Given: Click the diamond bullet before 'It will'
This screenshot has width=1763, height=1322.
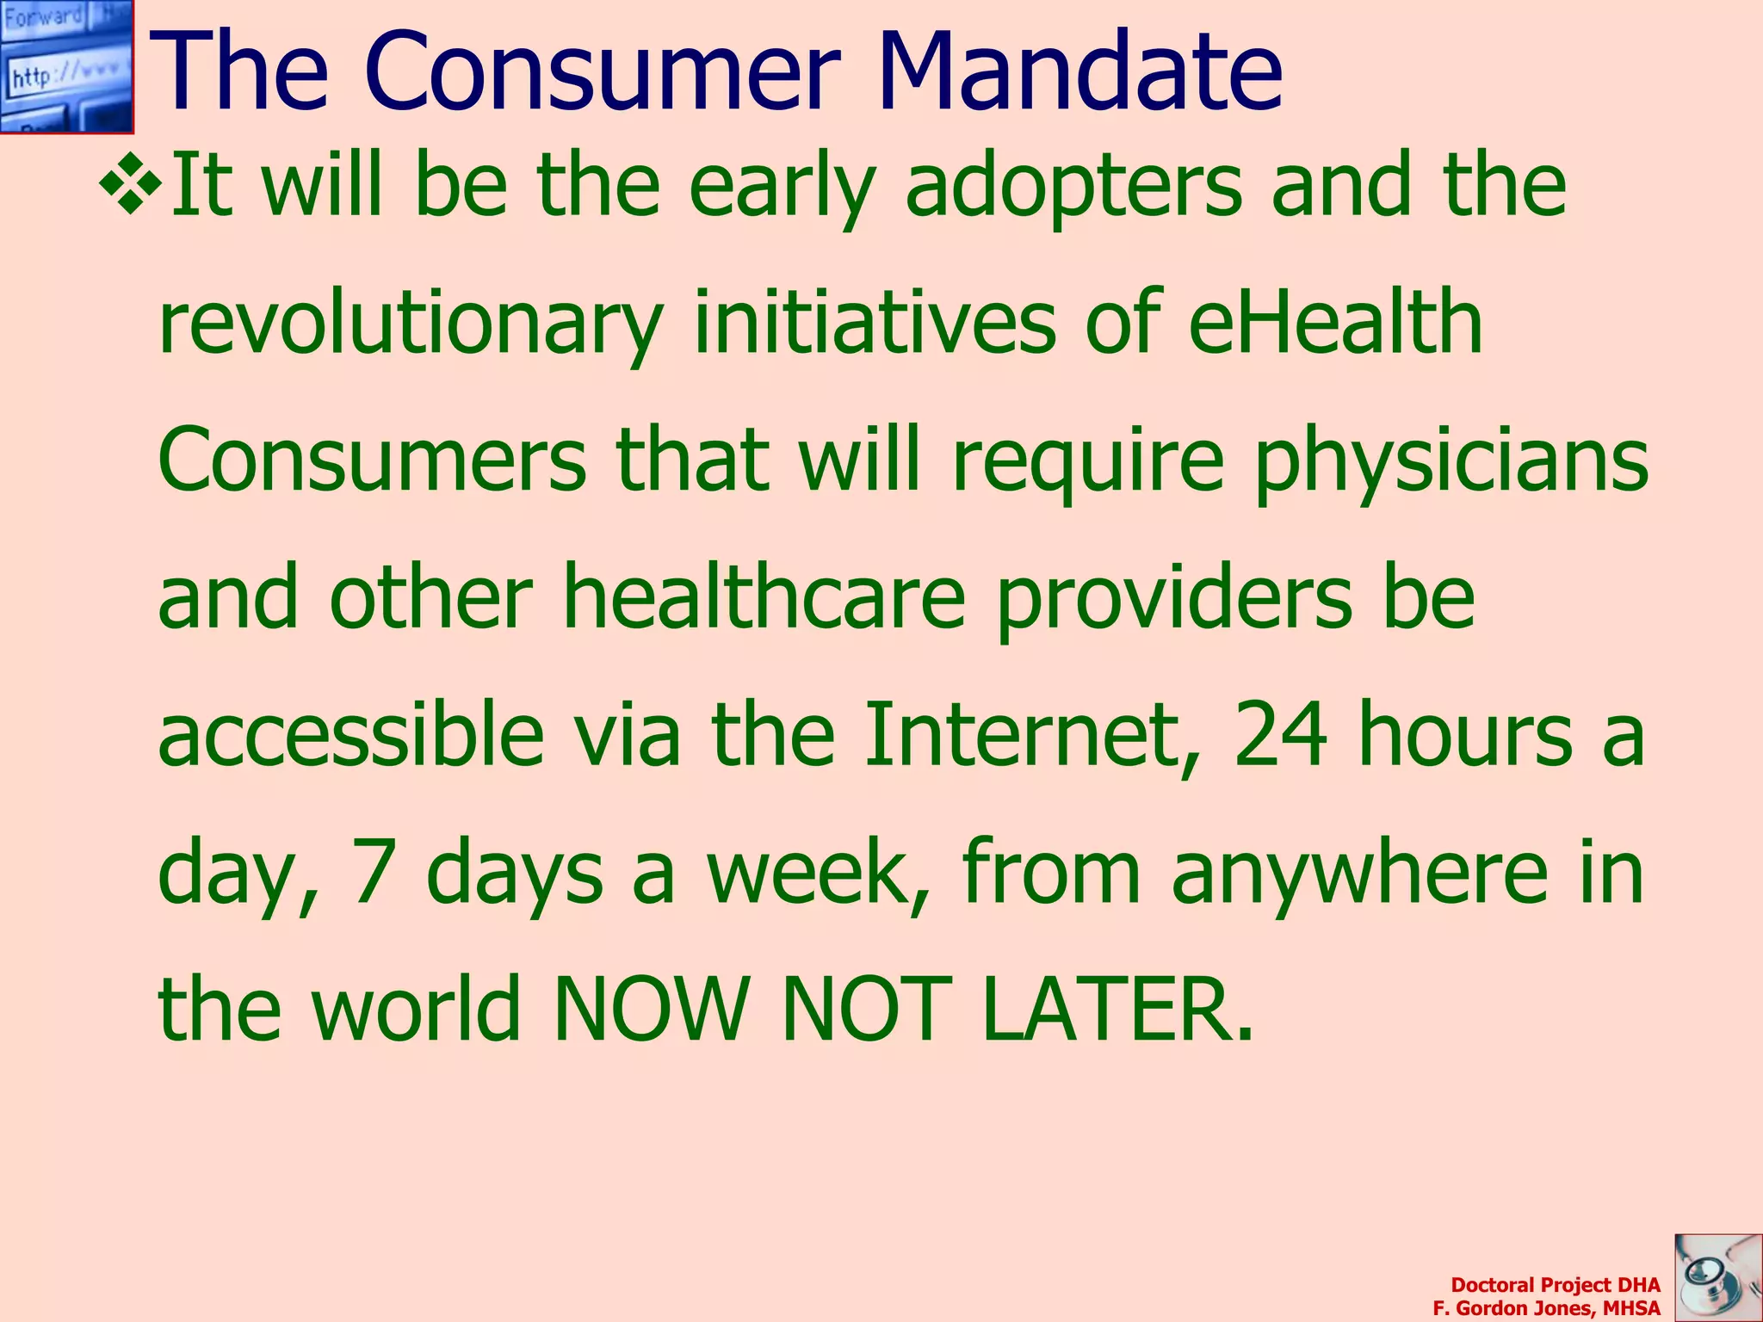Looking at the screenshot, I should click(x=131, y=183).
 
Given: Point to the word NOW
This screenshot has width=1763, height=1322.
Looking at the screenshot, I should click(x=650, y=1007).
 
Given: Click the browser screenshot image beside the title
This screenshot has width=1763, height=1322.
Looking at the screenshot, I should click(x=66, y=66).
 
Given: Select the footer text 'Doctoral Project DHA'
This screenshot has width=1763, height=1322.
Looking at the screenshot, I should click(x=1555, y=1285).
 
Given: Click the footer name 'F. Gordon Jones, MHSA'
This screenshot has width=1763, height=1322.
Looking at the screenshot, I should click(x=1546, y=1308).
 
